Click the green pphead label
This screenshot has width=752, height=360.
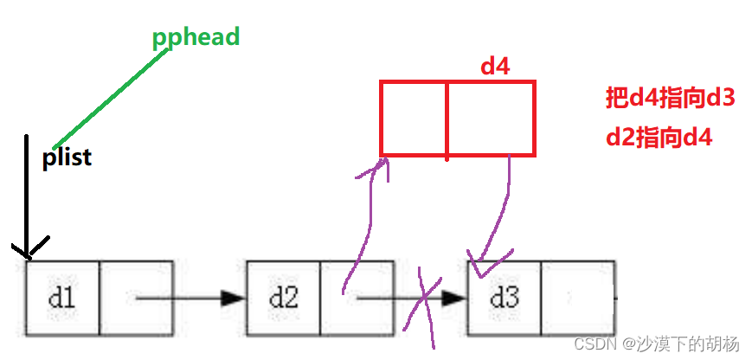tap(196, 37)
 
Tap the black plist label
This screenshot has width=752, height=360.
tap(67, 158)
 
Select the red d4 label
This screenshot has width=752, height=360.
tap(494, 67)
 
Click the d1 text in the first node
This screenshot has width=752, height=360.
tap(61, 298)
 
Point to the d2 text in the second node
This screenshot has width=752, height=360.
tap(283, 298)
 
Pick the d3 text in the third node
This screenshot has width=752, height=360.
tap(505, 298)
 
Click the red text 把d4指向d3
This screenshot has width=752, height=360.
tap(670, 98)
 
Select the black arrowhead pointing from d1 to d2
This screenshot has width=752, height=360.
tap(233, 299)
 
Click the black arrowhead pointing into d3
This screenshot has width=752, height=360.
tap(453, 299)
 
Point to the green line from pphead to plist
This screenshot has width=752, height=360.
tap(109, 97)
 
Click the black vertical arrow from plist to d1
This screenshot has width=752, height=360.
tap(27, 199)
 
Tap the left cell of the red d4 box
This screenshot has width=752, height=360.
tap(414, 119)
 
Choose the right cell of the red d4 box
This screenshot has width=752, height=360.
tap(491, 119)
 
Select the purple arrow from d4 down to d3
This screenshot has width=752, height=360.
tap(497, 212)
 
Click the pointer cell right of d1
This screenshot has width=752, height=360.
tap(137, 298)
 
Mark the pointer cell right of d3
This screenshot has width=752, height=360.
tap(579, 298)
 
